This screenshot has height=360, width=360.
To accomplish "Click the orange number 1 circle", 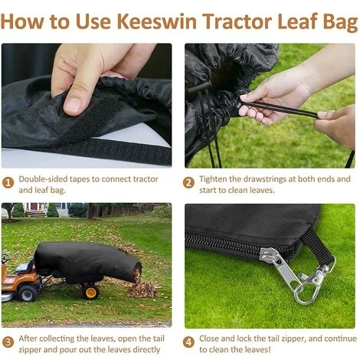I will point(8,182).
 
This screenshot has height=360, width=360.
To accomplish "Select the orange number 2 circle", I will point(188,182).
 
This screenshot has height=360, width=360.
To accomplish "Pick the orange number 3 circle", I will point(8,341).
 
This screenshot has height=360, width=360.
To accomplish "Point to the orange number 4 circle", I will point(188,341).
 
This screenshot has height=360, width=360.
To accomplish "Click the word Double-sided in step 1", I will point(44,178).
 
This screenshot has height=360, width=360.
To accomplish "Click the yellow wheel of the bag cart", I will point(91,291).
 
